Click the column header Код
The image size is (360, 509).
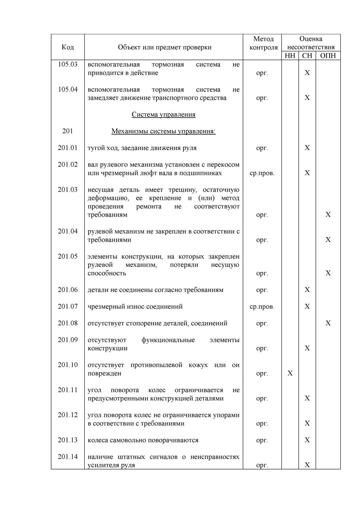click(x=68, y=47)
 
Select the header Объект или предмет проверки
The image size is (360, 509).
click(x=164, y=47)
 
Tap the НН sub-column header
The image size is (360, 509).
click(x=290, y=55)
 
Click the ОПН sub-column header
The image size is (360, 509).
click(x=328, y=55)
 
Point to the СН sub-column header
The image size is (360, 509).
click(x=307, y=55)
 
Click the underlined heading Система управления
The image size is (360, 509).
click(x=164, y=114)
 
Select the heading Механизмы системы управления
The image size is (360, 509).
click(x=164, y=131)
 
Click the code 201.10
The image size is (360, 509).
click(x=68, y=365)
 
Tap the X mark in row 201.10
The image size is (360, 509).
click(x=290, y=373)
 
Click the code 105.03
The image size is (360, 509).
click(x=68, y=64)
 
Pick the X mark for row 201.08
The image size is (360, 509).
click(x=328, y=323)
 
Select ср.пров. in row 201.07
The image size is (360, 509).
click(x=262, y=306)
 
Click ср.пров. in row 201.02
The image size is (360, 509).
click(x=262, y=173)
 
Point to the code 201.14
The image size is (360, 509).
click(x=68, y=457)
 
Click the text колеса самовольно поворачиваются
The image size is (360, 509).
click(x=143, y=440)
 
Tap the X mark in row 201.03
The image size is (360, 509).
click(x=328, y=214)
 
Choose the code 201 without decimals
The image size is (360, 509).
click(x=68, y=131)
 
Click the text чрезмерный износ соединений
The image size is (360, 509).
click(x=135, y=306)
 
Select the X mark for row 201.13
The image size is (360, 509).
click(x=307, y=440)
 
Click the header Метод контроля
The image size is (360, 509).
click(x=263, y=43)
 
